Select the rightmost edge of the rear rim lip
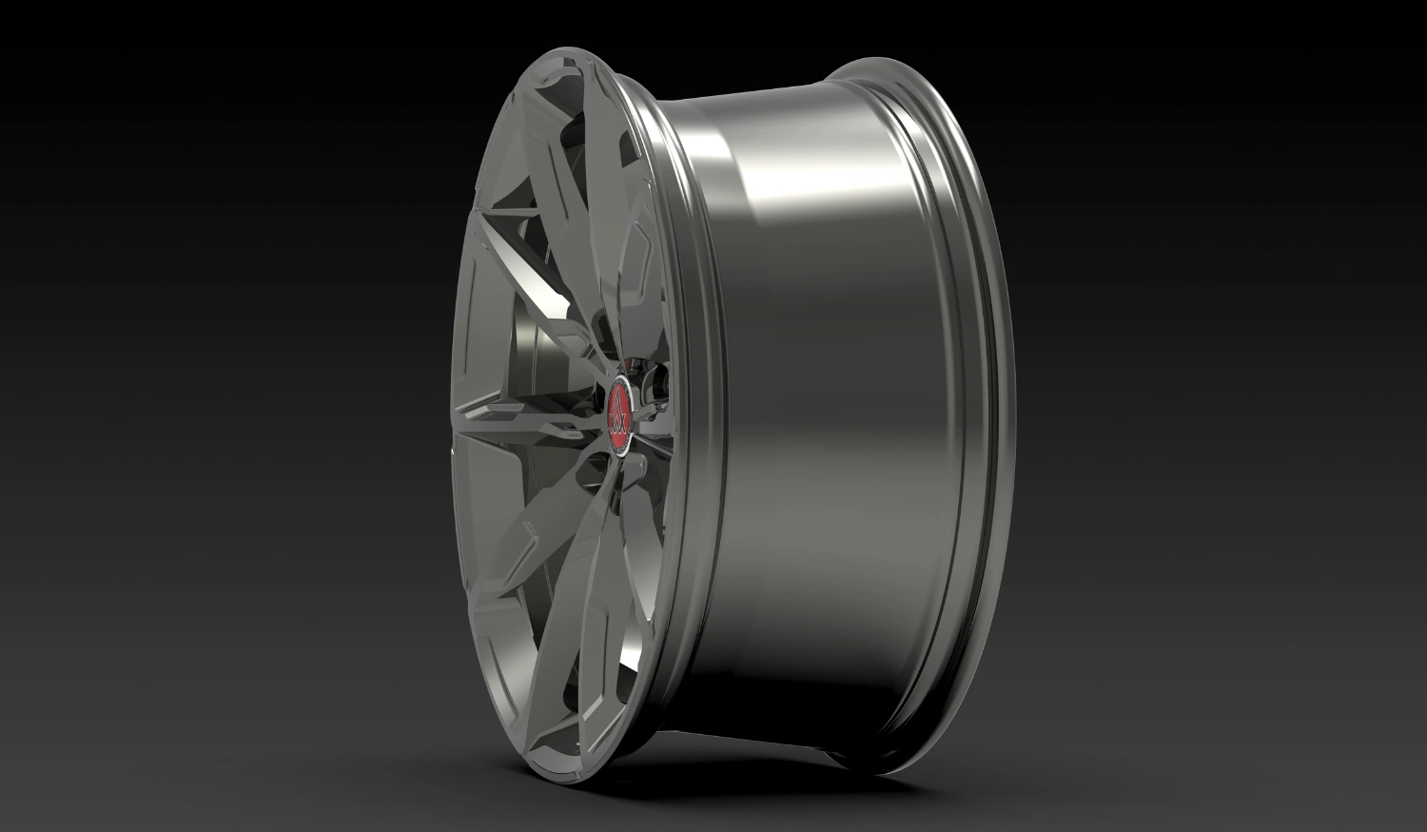pyautogui.click(x=1008, y=418)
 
